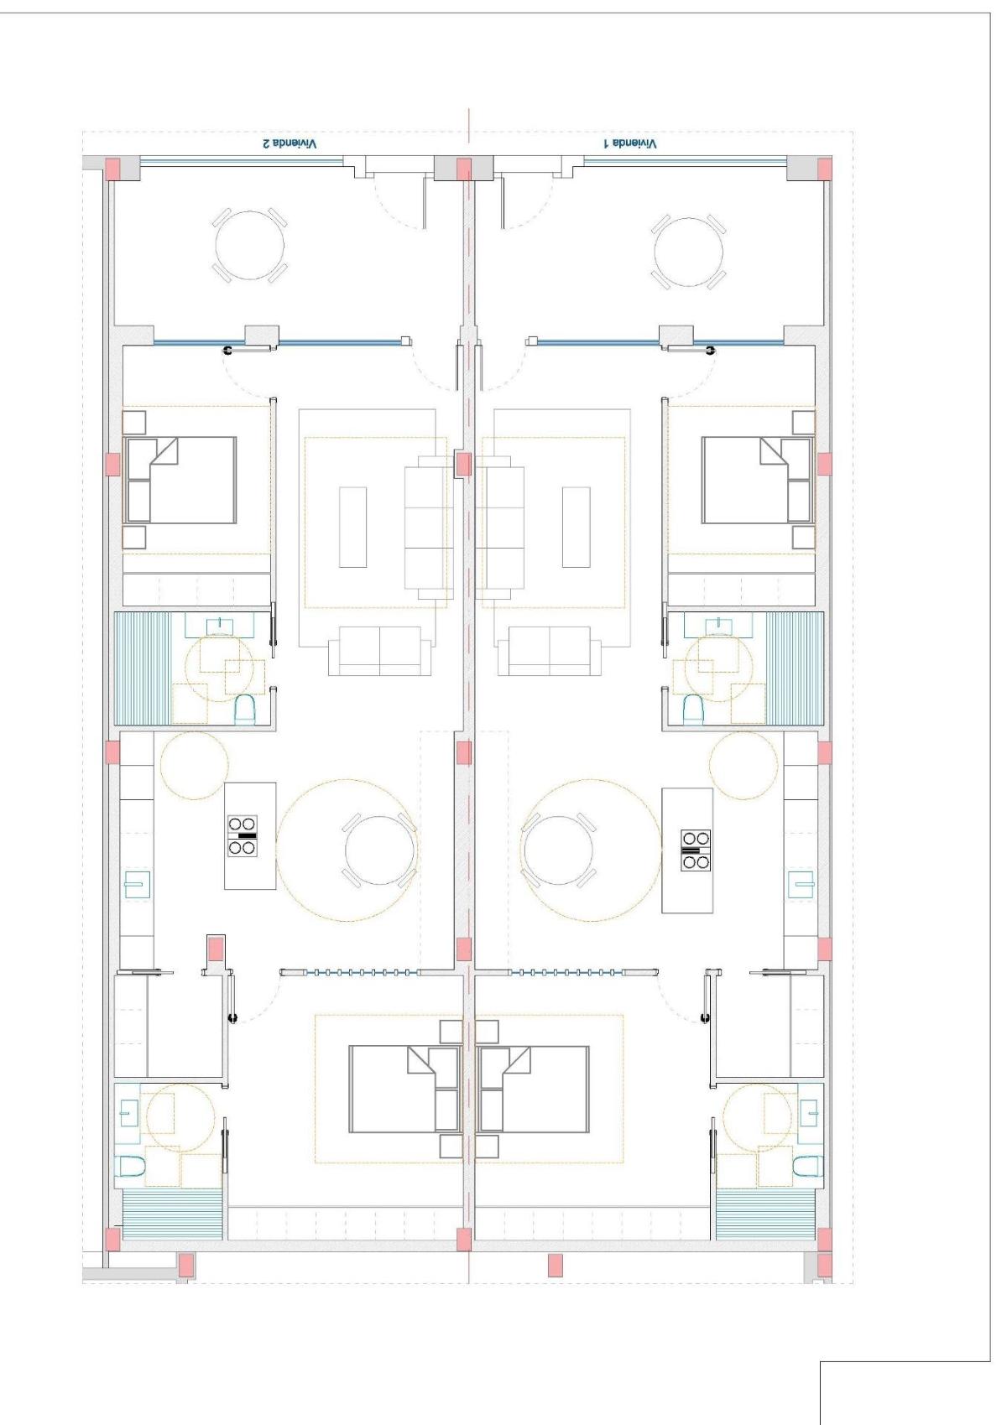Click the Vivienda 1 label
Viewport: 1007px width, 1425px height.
[630, 144]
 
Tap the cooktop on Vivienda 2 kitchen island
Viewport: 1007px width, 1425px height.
[242, 835]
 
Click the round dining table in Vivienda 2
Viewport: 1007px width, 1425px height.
[379, 850]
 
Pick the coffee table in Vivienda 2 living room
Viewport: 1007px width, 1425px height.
[353, 527]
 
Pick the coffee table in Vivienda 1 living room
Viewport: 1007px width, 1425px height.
[577, 527]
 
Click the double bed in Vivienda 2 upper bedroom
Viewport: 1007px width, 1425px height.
[180, 480]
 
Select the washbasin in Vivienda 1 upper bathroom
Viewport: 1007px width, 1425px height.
[717, 625]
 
